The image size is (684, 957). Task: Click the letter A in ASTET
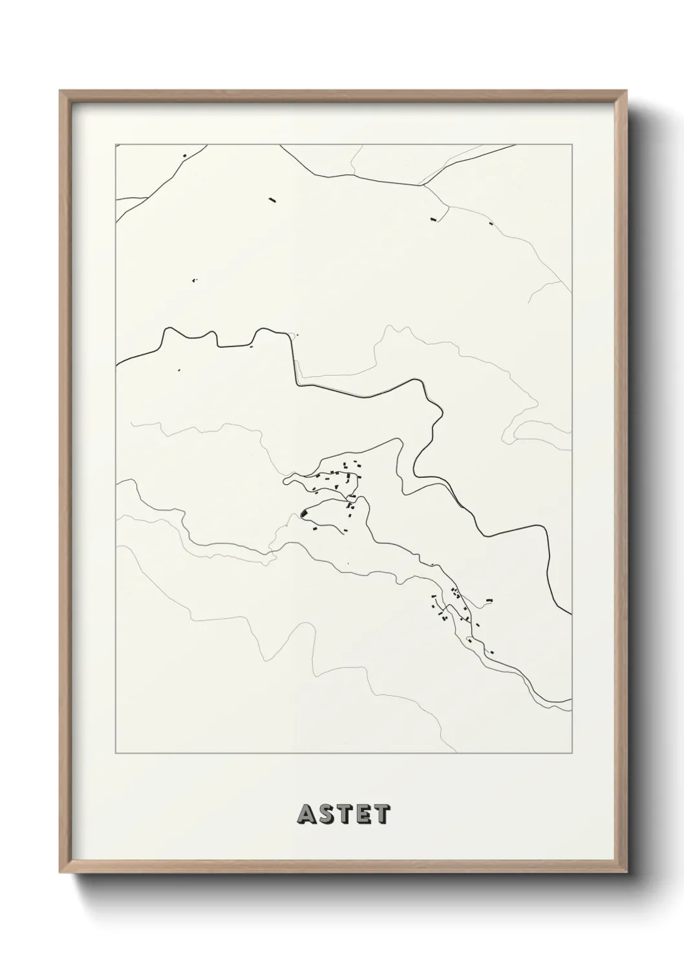[x=306, y=814]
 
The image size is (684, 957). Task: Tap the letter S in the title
[x=326, y=814]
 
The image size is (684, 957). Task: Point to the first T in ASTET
[x=344, y=814]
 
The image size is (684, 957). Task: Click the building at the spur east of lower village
[x=489, y=601]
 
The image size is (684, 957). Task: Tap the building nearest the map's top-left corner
[x=185, y=155]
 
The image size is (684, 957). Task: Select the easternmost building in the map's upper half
[x=491, y=224]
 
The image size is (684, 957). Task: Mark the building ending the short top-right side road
[x=434, y=219]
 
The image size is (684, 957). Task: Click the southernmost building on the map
[x=491, y=652]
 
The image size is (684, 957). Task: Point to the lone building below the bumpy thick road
[x=179, y=371]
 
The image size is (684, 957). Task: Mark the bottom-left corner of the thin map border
[x=116, y=753]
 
